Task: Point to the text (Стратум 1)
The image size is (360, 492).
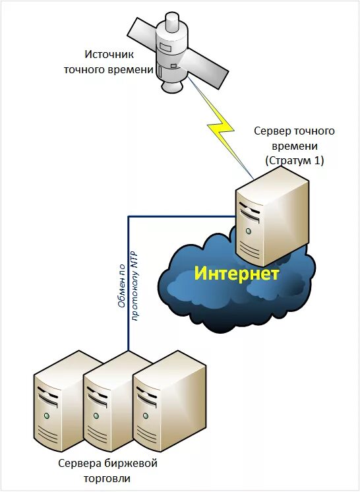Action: click(x=295, y=160)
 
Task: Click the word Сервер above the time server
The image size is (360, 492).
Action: click(x=272, y=131)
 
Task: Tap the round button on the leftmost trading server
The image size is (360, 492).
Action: click(x=47, y=415)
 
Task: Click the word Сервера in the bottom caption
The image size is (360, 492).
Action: click(x=78, y=464)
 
